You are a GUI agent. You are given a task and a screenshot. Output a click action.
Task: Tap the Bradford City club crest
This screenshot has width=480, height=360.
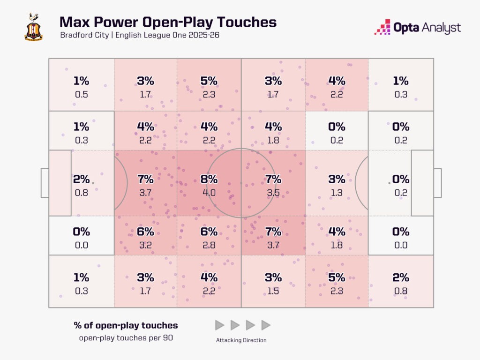[x=33, y=28]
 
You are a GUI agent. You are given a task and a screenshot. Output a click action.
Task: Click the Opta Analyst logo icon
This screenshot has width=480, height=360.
[x=382, y=27]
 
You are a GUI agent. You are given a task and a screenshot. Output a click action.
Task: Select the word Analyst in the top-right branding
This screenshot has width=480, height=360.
[x=440, y=28]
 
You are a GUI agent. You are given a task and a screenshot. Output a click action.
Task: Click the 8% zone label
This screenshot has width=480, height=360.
[x=209, y=179]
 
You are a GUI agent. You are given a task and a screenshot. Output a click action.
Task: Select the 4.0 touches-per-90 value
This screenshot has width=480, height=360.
[x=209, y=192]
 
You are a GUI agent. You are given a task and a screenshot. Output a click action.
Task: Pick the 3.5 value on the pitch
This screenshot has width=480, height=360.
[x=273, y=192]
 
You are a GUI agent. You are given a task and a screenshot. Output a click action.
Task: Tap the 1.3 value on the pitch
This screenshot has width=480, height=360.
[x=337, y=192]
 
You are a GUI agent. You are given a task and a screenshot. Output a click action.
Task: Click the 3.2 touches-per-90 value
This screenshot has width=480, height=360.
[x=145, y=245]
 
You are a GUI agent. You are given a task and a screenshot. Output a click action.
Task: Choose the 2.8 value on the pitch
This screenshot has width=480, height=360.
[x=209, y=245]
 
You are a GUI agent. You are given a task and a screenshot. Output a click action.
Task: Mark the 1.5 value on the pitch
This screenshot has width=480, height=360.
[x=273, y=291]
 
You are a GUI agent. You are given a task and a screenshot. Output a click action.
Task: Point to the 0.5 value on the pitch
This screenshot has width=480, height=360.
[x=82, y=94]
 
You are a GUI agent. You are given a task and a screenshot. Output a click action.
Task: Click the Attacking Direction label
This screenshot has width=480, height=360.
[x=241, y=340]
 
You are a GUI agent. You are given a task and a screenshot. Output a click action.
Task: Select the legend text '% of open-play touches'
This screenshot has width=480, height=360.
[x=126, y=325]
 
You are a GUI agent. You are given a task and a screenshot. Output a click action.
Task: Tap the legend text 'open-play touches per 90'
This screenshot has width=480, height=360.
[x=126, y=337]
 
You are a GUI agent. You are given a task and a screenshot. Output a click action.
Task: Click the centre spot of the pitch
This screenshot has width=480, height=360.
[x=241, y=183]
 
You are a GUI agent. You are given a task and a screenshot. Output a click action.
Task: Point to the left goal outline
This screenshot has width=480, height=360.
[x=45, y=183]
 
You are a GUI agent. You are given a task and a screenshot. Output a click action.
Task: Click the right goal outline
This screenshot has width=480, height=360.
[x=437, y=183]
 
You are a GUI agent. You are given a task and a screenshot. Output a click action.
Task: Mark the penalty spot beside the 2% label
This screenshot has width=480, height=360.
[x=93, y=183]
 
